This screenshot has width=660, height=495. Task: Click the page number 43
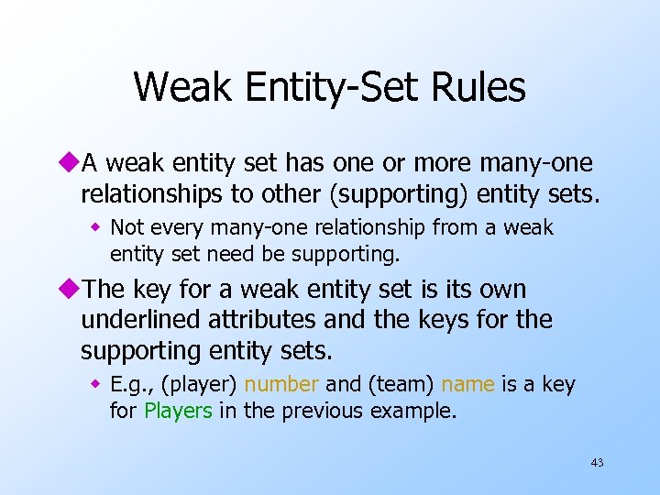[597, 462]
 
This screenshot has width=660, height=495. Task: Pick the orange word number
[280, 385]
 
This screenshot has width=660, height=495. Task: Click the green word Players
[178, 410]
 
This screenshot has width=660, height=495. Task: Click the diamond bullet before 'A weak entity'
[72, 163]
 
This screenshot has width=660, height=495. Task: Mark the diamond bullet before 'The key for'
[72, 290]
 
